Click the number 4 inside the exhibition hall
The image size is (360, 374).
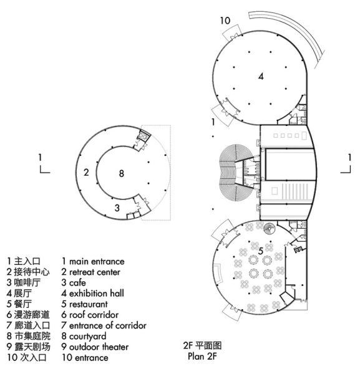coord(261,77)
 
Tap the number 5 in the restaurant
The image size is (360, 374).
coord(261,251)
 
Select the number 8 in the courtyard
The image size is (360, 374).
coord(122,173)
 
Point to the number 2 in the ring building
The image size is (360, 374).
coord(86,172)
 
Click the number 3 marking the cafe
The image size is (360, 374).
coord(117,208)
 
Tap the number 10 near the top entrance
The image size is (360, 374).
coord(225,21)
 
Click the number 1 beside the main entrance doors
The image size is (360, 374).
coord(213,122)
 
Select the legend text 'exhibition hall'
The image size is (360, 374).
coord(97,294)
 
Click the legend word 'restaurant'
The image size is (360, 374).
coord(89,304)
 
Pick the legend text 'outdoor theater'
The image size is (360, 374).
coord(99,347)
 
